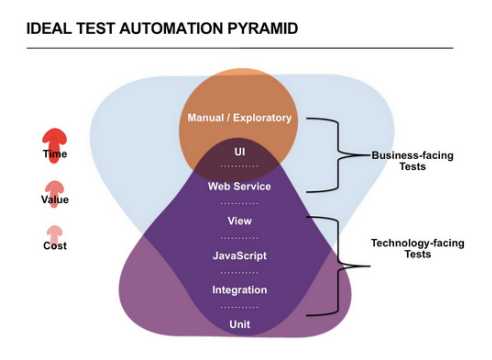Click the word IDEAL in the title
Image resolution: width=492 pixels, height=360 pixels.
tap(50, 31)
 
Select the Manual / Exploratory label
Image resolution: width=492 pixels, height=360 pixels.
tap(239, 118)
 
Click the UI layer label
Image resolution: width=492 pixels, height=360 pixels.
tap(239, 152)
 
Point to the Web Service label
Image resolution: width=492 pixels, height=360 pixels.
tap(239, 186)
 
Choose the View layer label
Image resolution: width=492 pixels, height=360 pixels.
tap(239, 221)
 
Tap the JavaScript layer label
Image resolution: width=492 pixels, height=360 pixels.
tap(239, 255)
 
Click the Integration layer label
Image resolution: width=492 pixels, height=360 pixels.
tap(239, 290)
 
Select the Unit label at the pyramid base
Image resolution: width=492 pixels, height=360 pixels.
tap(239, 324)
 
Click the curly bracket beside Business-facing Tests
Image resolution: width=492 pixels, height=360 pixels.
tap(340, 154)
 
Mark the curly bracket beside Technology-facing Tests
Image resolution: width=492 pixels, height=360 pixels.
tap(341, 265)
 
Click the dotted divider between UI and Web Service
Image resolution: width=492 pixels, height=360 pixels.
tap(239, 168)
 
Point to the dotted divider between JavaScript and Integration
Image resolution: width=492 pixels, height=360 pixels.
tap(239, 272)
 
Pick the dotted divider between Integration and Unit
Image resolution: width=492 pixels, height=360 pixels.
tap(239, 307)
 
